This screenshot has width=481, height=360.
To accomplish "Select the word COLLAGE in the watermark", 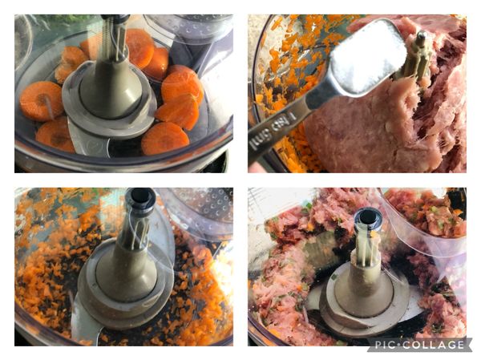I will point(437,345).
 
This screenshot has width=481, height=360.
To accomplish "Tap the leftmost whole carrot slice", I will point(40,100).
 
